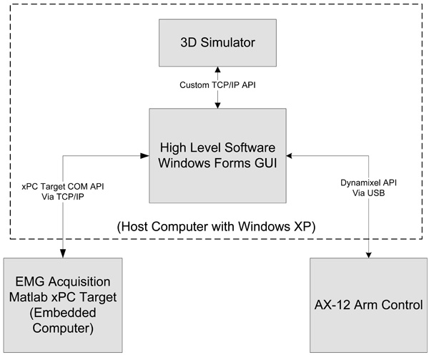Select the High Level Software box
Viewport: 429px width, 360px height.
[x=217, y=155]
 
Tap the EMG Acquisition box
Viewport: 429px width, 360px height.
[x=63, y=305]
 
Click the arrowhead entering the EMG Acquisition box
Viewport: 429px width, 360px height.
[x=63, y=253]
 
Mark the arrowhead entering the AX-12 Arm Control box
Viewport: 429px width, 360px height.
[x=369, y=253]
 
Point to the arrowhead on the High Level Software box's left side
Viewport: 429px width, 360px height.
[x=145, y=155]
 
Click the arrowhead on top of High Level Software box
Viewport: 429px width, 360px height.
[x=217, y=104]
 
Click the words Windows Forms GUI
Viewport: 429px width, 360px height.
[x=217, y=164]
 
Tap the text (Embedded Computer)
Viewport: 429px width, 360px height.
[x=63, y=322]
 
